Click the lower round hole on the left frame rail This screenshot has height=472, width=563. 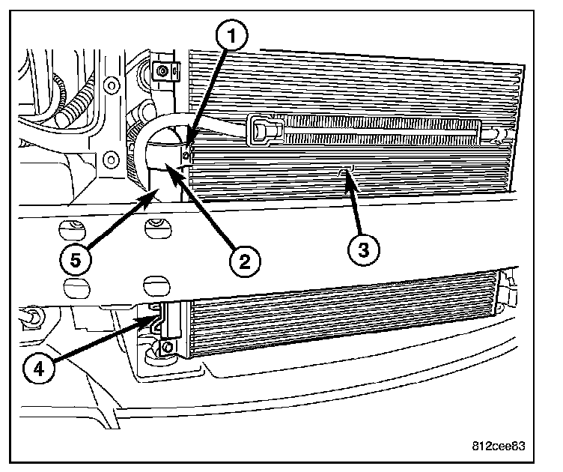point(112,158)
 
